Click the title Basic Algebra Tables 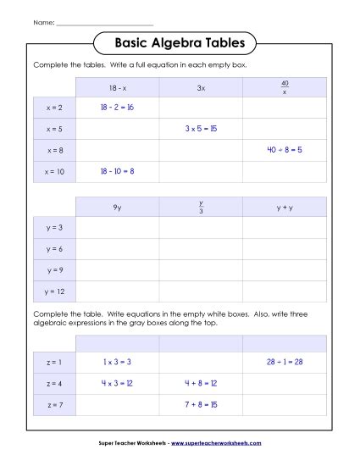(x=180, y=42)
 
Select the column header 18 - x (x=117, y=87)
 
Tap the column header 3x (x=201, y=87)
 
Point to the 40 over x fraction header (x=284, y=87)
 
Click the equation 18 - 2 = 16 (x=117, y=108)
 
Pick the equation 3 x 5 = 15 (x=201, y=129)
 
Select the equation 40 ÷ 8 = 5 (x=284, y=150)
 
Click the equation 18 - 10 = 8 (x=117, y=171)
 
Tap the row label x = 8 (x=54, y=150)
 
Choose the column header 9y (x=117, y=207)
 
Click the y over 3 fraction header (x=201, y=207)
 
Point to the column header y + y (x=284, y=207)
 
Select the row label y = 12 (x=54, y=291)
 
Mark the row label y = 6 (x=54, y=249)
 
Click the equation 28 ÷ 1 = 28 (x=284, y=362)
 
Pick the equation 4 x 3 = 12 (x=117, y=383)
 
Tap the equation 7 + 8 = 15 (x=201, y=404)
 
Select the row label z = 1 (x=54, y=362)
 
